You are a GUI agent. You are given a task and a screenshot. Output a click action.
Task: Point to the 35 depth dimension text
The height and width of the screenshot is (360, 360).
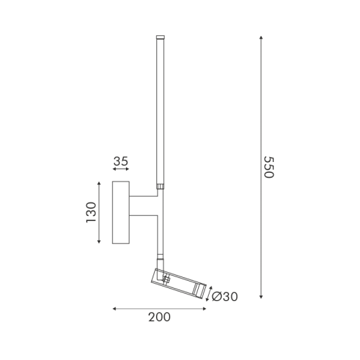[x=120, y=162]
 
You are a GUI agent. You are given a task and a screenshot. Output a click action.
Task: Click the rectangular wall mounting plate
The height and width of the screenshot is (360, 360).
[x=120, y=214]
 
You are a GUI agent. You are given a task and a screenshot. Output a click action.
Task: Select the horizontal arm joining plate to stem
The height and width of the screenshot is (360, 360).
[x=144, y=214]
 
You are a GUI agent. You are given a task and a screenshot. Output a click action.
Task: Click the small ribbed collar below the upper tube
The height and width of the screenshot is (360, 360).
[x=161, y=186]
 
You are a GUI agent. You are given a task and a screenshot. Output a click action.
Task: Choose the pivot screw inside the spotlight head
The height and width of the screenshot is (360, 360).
[x=166, y=279]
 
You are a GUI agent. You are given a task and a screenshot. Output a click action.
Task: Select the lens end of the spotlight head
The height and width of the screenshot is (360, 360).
[x=199, y=289]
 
